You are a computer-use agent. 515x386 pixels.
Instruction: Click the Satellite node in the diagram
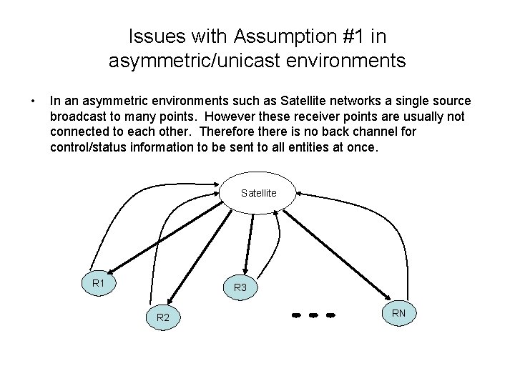click(257, 194)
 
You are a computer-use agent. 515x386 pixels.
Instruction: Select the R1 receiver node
click(99, 284)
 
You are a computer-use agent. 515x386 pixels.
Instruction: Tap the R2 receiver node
click(163, 317)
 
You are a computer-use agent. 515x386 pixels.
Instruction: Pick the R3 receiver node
click(240, 287)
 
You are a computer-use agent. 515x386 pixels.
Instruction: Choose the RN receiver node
click(398, 312)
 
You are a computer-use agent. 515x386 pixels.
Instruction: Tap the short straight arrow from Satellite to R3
click(249, 239)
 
